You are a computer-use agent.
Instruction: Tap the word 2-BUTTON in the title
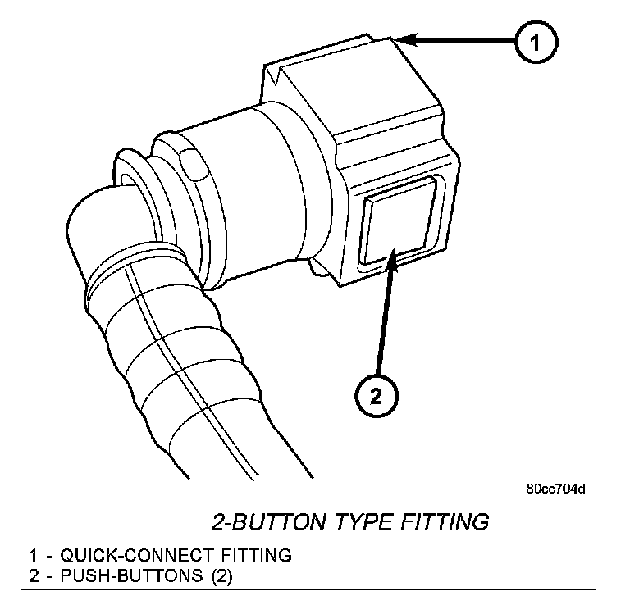tap(266, 521)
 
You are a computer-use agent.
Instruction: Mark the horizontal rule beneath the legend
tap(312, 589)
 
